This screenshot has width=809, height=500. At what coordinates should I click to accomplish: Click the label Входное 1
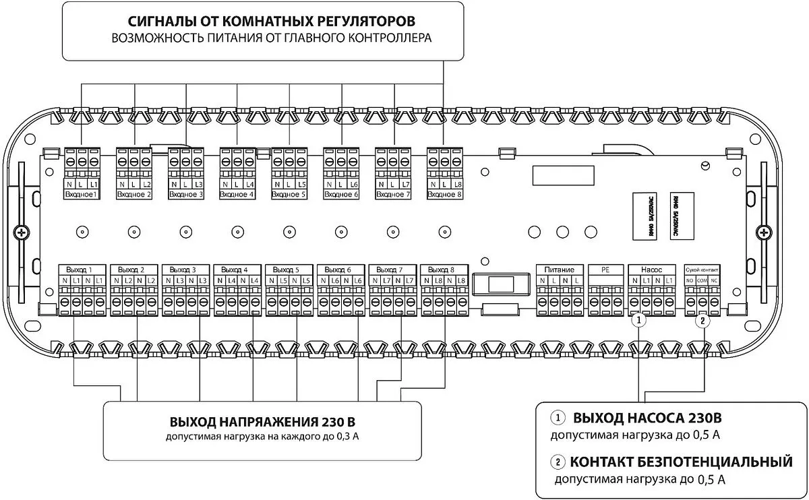pos(81,195)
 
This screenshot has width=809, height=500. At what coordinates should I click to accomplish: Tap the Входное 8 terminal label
pos(444,195)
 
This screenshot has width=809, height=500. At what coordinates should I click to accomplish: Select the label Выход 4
pos(235,269)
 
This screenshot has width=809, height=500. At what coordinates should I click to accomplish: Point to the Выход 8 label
pos(442,269)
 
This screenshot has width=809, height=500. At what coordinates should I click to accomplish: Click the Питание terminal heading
pos(559,269)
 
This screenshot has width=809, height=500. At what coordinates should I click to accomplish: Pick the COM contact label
pos(702,280)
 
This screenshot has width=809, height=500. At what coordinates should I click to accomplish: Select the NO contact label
pos(690,280)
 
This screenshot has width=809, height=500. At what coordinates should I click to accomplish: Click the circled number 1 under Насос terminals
pos(640,321)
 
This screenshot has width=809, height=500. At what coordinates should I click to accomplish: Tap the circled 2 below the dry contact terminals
pos(702,321)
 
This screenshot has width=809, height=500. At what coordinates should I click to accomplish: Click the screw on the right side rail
pos(763,233)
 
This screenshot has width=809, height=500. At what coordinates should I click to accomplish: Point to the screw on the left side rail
pos(22,233)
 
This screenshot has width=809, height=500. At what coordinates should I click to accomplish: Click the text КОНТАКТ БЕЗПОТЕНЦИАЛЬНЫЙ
pos(680,462)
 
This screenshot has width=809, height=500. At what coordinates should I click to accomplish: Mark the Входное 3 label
pos(186,195)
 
